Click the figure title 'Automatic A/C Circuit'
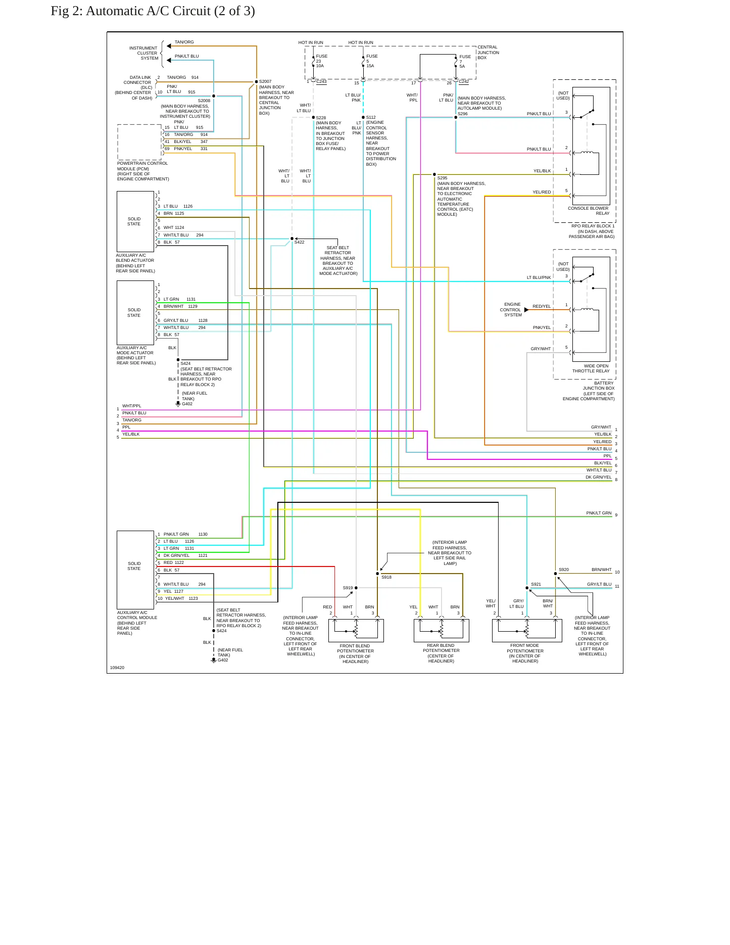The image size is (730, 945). pyautogui.click(x=148, y=11)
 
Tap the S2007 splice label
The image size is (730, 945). pyautogui.click(x=265, y=81)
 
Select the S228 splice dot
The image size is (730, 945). pyautogui.click(x=313, y=117)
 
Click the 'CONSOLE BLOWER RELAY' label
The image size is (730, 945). pyautogui.click(x=589, y=211)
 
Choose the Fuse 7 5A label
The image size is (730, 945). pyautogui.click(x=465, y=62)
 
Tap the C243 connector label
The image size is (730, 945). pyautogui.click(x=321, y=81)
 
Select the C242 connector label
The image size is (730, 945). pyautogui.click(x=464, y=81)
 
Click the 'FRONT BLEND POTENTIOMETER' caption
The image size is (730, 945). pyautogui.click(x=355, y=648)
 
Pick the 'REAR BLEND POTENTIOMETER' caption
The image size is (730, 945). pyautogui.click(x=441, y=648)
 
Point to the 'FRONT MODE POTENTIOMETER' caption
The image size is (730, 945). pyautogui.click(x=525, y=648)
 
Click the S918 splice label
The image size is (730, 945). pyautogui.click(x=386, y=577)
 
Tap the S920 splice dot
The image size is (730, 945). pyautogui.click(x=555, y=574)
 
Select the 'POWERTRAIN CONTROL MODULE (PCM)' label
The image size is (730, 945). pyautogui.click(x=142, y=166)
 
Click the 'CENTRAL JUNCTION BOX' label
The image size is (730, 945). pyautogui.click(x=488, y=53)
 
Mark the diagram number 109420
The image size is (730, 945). pyautogui.click(x=117, y=668)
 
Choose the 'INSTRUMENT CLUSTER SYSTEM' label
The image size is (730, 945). pyautogui.click(x=143, y=53)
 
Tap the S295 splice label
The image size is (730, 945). pyautogui.click(x=442, y=178)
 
